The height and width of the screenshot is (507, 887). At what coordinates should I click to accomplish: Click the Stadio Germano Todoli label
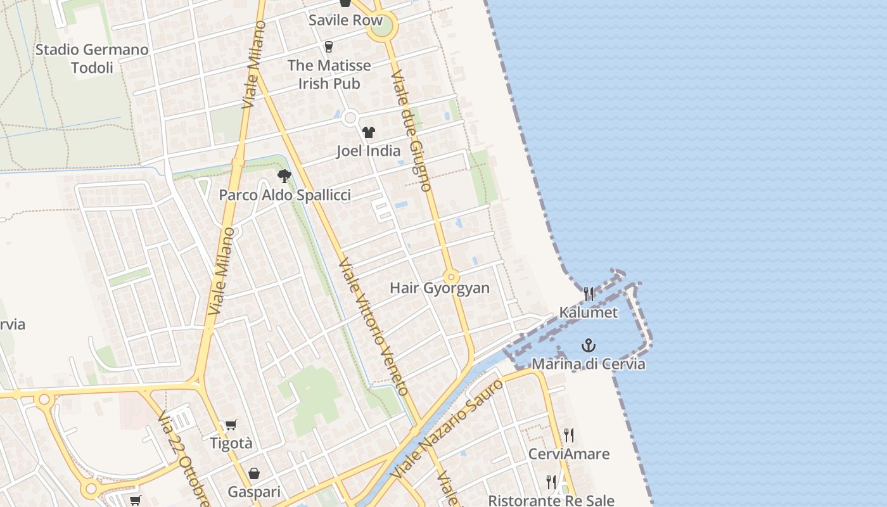pos(92,58)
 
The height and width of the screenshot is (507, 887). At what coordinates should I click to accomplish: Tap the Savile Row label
pos(345,20)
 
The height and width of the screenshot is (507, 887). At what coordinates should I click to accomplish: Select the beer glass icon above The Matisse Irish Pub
pos(328,46)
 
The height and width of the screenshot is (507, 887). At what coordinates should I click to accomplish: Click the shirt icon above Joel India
pos(368,132)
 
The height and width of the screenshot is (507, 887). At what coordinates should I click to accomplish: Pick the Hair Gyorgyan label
pos(439,288)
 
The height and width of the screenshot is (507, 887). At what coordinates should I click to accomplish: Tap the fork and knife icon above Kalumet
pos(589,293)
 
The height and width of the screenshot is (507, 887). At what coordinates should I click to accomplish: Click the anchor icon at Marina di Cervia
pos(589,345)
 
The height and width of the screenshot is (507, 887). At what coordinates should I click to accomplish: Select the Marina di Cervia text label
pos(588,364)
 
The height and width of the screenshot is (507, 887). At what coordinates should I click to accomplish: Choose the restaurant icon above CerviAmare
pos(568,435)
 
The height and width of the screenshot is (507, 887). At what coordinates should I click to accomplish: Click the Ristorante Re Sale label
pos(551,500)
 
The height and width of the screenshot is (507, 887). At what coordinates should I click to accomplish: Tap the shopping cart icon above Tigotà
pos(231,425)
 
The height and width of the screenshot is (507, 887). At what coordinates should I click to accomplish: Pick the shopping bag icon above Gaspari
pos(254,473)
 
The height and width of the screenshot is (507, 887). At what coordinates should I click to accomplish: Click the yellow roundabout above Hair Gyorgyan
pos(451,277)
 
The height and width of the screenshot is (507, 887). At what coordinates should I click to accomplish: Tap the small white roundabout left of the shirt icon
pos(350,118)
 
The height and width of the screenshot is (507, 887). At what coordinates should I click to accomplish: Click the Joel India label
pos(368,151)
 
